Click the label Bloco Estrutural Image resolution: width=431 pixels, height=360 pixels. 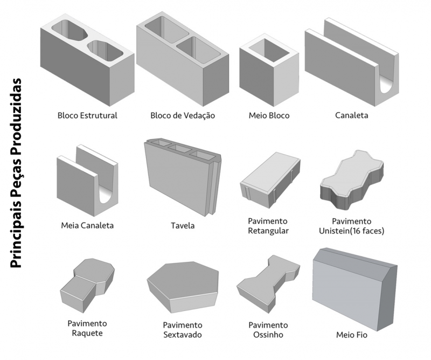click(x=87, y=115)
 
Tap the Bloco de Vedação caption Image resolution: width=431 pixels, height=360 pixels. click(x=183, y=115)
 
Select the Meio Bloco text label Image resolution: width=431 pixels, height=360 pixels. click(x=269, y=115)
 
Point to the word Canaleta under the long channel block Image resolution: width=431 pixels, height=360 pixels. click(x=352, y=115)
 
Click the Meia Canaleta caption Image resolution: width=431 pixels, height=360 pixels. click(x=87, y=225)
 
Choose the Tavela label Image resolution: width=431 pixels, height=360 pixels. click(x=183, y=225)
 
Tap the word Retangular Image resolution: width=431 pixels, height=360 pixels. click(x=268, y=231)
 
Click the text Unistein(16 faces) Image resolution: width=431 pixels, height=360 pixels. click(x=352, y=231)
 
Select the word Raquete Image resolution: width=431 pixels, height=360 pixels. click(x=87, y=333)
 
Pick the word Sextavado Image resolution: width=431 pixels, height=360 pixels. click(x=183, y=335)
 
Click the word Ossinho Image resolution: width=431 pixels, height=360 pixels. click(x=268, y=335)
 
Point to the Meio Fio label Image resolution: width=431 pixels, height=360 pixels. click(x=352, y=335)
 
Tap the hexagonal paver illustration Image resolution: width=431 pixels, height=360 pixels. click(x=183, y=287)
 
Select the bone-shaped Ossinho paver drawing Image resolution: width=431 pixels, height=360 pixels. click(x=268, y=284)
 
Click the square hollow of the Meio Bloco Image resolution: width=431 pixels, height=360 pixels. click(x=269, y=51)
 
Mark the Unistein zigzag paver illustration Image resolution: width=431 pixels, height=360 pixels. click(x=352, y=180)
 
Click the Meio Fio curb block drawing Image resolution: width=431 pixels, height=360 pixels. click(x=355, y=289)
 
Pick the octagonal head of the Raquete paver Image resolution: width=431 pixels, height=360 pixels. click(x=94, y=272)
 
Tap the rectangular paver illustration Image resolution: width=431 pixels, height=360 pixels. click(x=270, y=180)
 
